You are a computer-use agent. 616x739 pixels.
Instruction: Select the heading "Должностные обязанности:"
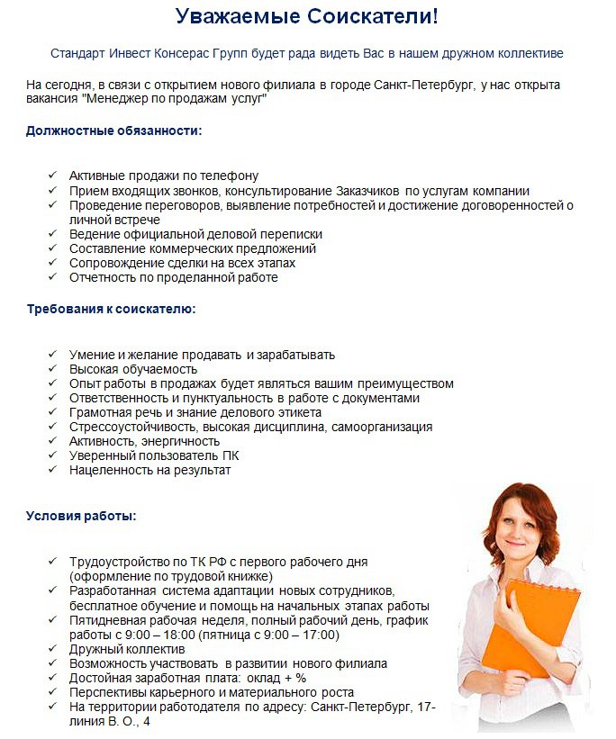(114, 131)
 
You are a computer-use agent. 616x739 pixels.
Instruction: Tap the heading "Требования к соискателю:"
(111, 309)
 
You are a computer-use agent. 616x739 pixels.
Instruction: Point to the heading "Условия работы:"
(81, 517)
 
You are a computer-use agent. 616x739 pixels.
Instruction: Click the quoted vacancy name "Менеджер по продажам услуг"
(181, 99)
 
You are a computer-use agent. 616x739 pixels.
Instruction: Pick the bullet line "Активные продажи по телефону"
(164, 176)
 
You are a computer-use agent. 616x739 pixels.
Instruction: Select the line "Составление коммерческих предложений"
(193, 248)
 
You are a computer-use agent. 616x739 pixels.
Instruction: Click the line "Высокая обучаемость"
(133, 369)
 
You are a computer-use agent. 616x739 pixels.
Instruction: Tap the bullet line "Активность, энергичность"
(144, 441)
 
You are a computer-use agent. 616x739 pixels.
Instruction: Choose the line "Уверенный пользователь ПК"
(154, 455)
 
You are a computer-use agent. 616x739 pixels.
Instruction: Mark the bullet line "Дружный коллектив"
(127, 648)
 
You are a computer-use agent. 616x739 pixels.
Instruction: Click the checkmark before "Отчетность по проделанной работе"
(53, 277)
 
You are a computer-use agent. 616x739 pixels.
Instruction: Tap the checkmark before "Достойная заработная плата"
(53, 677)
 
